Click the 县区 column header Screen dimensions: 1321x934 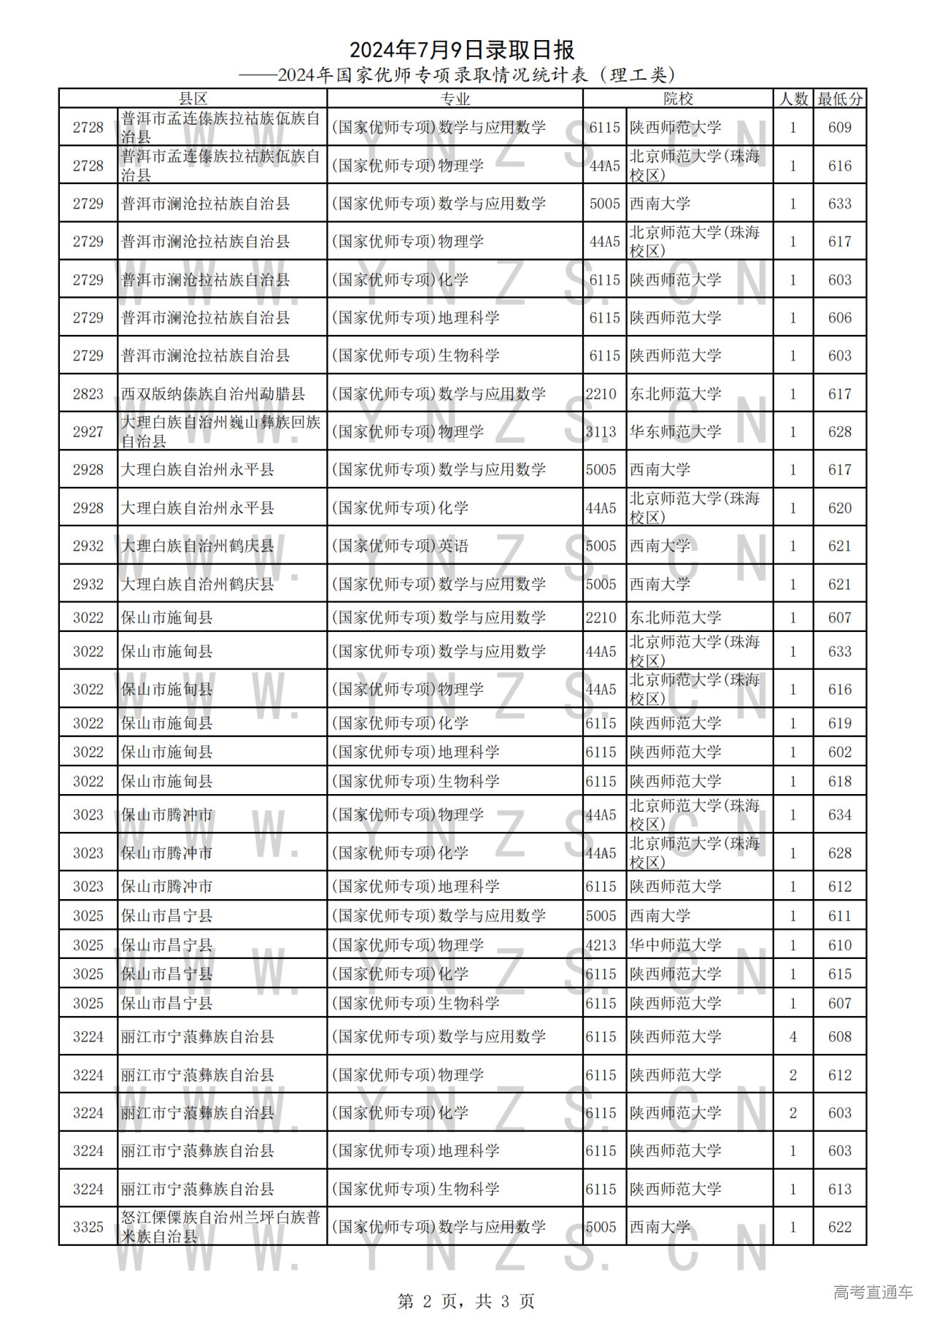click(193, 99)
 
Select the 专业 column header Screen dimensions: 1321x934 click(455, 99)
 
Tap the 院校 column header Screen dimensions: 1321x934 click(678, 99)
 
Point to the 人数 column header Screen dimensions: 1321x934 click(793, 99)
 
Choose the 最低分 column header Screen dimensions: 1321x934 click(840, 99)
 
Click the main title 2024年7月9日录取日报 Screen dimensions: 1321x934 click(462, 50)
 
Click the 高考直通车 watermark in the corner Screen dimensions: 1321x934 click(873, 1292)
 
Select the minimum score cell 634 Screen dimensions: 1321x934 click(840, 814)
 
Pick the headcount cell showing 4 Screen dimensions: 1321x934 click(793, 1036)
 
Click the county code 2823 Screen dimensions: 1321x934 click(88, 394)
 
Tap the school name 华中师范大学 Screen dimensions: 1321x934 click(676, 945)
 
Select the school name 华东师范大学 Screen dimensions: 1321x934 click(676, 432)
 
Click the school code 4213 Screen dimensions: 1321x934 click(601, 945)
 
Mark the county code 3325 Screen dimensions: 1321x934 click(88, 1227)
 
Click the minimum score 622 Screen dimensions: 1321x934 click(840, 1227)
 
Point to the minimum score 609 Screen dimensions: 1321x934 click(840, 128)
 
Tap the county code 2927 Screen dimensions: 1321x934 click(88, 432)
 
